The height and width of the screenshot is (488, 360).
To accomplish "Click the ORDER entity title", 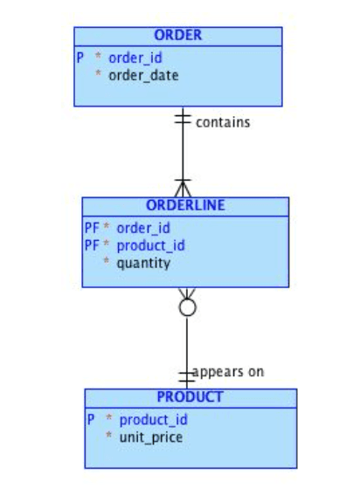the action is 178,35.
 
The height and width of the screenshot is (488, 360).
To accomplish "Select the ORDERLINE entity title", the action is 185,205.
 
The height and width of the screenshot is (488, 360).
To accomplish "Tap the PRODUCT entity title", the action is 190,397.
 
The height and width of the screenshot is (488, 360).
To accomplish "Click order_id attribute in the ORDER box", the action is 135,58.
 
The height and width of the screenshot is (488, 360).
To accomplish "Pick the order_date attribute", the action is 143,76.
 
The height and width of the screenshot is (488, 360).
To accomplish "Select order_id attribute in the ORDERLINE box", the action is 143,228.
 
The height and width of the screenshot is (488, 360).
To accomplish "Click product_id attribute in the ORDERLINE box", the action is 150,245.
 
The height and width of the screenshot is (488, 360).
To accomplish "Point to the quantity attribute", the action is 143,264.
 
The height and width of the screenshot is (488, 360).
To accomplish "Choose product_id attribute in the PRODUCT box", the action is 154,420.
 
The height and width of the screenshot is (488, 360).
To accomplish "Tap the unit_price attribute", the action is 151,437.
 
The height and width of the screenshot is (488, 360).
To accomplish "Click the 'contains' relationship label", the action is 223,122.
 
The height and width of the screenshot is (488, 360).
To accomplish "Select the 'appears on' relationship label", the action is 228,372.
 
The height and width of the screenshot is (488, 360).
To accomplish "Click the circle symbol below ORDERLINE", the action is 188,307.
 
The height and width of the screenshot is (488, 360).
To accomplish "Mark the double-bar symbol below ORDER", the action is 183,119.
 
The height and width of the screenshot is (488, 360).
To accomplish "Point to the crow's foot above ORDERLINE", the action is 183,188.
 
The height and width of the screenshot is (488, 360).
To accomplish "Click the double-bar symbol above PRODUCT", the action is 187,376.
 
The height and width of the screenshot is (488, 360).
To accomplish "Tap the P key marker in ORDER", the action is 80,58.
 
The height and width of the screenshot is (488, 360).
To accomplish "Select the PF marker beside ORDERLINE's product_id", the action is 92,245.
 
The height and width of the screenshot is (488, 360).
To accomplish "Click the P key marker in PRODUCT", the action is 91,420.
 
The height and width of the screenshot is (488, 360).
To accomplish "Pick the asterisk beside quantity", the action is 107,260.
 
